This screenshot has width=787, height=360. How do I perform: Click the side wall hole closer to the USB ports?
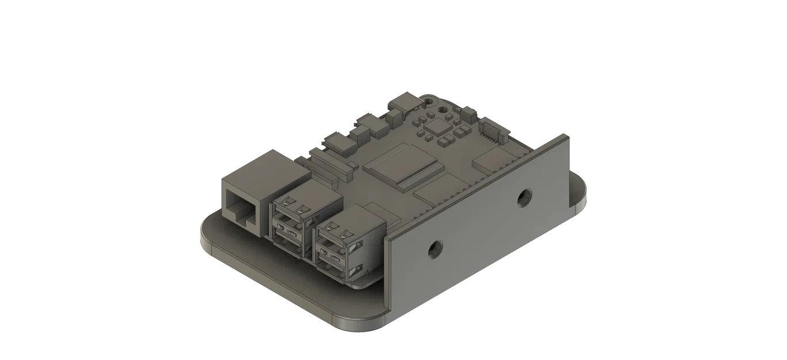[433, 249]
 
